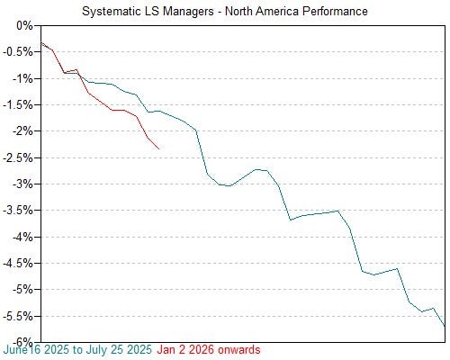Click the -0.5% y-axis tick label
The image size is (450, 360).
pyautogui.click(x=17, y=52)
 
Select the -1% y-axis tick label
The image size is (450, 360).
pyautogui.click(x=21, y=78)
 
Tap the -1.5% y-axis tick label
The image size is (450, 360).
pyautogui.click(x=17, y=105)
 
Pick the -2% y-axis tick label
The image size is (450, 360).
pyautogui.click(x=21, y=131)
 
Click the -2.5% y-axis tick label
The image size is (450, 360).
pyautogui.click(x=17, y=157)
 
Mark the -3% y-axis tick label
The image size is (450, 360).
pyautogui.click(x=21, y=184)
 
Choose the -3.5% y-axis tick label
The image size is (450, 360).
pyautogui.click(x=17, y=211)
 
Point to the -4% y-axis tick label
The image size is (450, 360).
pyautogui.click(x=21, y=237)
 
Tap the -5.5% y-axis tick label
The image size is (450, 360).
pyautogui.click(x=17, y=316)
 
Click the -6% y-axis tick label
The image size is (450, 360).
pyautogui.click(x=21, y=342)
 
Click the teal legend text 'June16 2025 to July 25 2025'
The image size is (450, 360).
pyautogui.click(x=78, y=349)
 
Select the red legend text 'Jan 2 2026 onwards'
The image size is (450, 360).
pyautogui.click(x=209, y=349)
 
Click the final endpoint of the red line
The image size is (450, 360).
pyautogui.click(x=159, y=148)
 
